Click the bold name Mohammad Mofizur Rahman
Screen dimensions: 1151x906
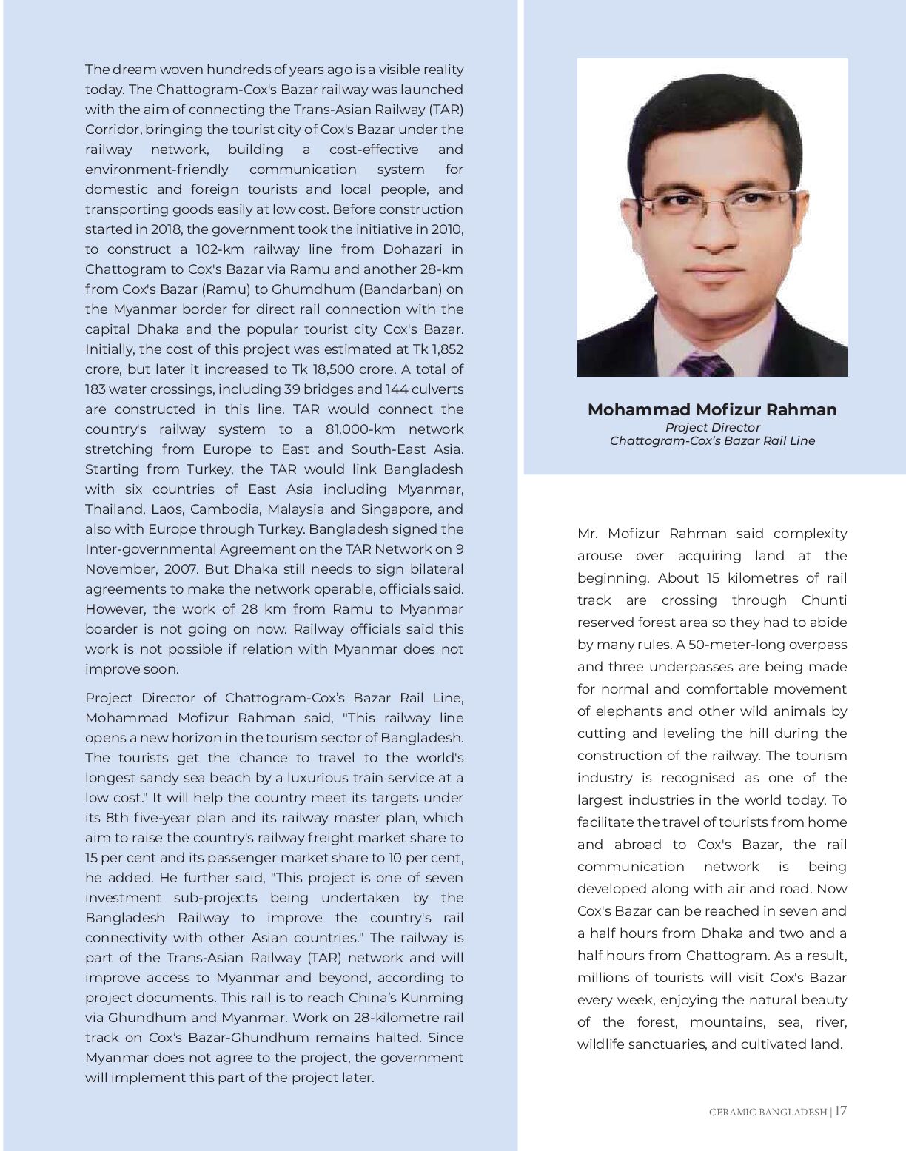711,410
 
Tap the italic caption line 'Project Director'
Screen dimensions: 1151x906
712,427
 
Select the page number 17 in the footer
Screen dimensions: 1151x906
841,1111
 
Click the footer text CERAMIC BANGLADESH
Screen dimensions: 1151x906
768,1112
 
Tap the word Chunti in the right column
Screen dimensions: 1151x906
824,600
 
